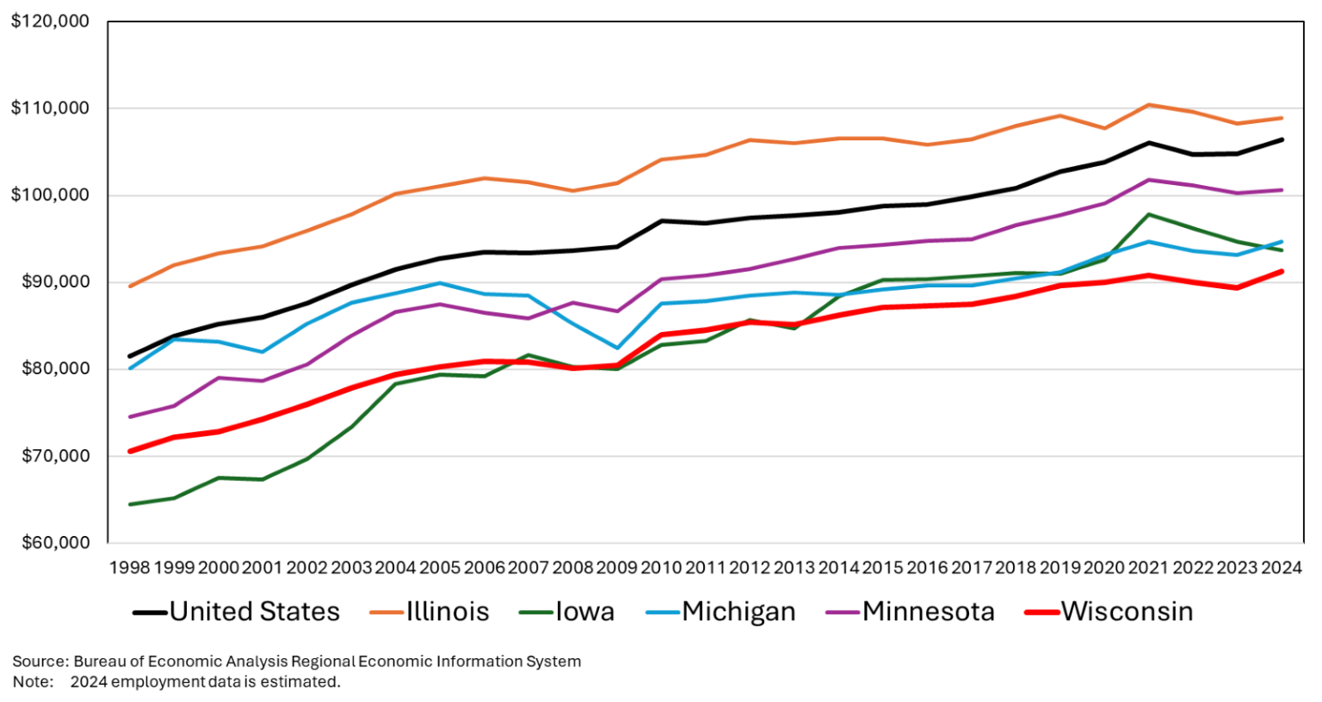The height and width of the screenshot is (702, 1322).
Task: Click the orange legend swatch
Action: point(386,613)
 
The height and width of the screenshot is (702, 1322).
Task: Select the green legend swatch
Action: point(536,613)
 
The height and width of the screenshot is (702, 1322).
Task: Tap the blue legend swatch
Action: point(663,613)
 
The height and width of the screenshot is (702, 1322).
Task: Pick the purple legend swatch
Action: point(843,613)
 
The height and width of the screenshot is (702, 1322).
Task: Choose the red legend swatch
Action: point(1042,613)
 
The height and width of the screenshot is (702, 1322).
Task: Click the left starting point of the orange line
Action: point(129,286)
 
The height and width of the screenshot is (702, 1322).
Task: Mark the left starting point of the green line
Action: point(129,505)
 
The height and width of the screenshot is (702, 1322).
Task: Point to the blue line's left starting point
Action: point(129,368)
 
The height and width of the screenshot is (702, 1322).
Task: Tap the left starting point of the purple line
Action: point(129,417)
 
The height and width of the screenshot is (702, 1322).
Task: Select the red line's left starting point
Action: point(129,451)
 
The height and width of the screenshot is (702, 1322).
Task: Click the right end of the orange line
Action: point(1282,118)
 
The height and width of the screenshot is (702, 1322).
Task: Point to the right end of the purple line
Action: point(1282,189)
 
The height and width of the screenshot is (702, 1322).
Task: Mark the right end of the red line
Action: point(1282,271)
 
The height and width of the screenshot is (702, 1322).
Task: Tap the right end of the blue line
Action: point(1282,242)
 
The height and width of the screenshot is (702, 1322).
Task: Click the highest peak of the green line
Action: point(1148,214)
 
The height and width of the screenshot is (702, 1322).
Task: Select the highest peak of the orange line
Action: point(1148,105)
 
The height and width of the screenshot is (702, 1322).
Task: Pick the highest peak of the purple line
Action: point(1148,180)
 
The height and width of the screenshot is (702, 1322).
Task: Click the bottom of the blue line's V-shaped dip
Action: point(616,348)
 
